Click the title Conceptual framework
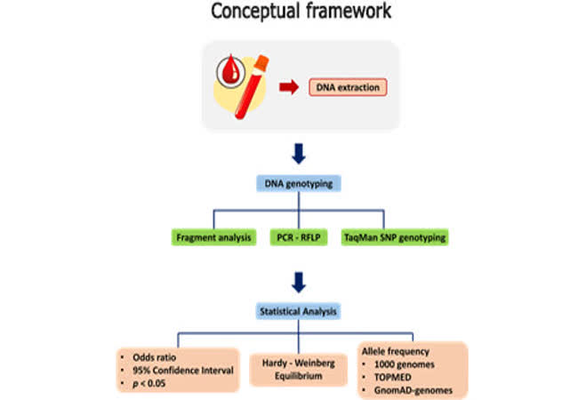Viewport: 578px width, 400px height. point(289,14)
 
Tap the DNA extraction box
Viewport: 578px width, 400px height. point(349,87)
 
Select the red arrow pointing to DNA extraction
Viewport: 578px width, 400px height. point(288,87)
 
